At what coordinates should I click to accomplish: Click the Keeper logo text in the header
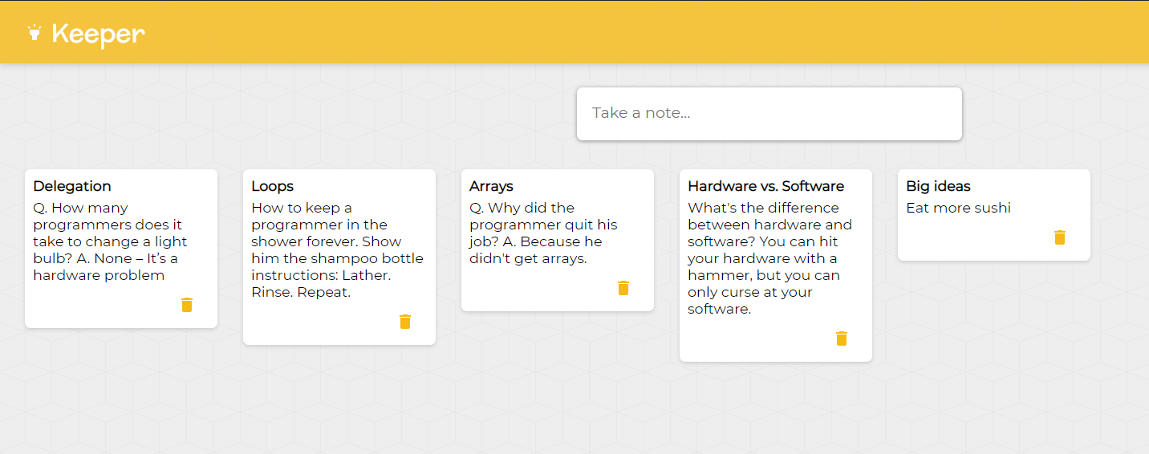[99, 34]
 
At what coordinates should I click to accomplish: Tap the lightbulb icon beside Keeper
[35, 32]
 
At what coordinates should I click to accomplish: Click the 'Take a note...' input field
[769, 113]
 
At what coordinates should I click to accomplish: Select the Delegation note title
[72, 186]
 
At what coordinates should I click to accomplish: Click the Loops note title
[272, 186]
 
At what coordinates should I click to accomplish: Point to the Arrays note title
[491, 187]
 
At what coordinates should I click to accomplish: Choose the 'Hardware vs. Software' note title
[765, 186]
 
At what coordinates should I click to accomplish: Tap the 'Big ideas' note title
[938, 186]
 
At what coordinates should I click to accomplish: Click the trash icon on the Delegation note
[187, 305]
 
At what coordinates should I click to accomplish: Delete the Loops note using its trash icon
[405, 322]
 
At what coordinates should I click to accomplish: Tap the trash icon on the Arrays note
[623, 288]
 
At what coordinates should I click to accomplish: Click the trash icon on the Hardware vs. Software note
[842, 338]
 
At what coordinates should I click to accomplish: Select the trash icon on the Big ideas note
[1060, 237]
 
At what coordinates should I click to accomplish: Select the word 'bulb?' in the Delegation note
[53, 258]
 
